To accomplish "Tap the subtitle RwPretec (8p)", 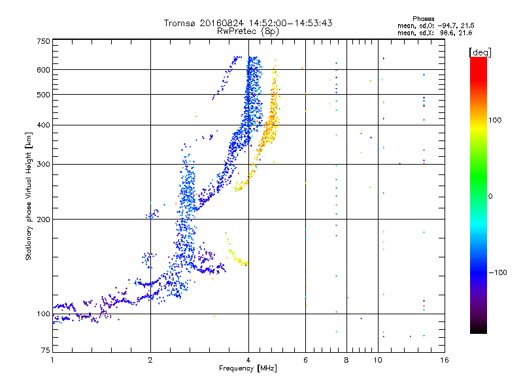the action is pyautogui.click(x=248, y=31).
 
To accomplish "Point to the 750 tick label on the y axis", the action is pyautogui.click(x=44, y=41).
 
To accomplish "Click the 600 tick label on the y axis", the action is pyautogui.click(x=44, y=70).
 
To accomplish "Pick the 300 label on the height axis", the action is pyautogui.click(x=44, y=164).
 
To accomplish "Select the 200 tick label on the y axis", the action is pyautogui.click(x=44, y=219).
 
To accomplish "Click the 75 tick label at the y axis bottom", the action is pyautogui.click(x=46, y=350).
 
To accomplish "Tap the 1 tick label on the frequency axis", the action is pyautogui.click(x=52, y=360).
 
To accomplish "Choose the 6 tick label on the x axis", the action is pyautogui.click(x=305, y=360).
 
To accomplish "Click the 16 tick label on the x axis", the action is pyautogui.click(x=445, y=360).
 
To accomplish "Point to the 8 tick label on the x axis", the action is pyautogui.click(x=346, y=360).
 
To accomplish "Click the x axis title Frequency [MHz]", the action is pyautogui.click(x=248, y=368).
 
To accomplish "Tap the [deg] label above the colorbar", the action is pyautogui.click(x=480, y=52).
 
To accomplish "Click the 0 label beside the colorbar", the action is pyautogui.click(x=490, y=197).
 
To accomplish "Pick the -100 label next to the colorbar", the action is pyautogui.click(x=498, y=272).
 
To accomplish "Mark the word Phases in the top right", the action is pyautogui.click(x=423, y=19).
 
